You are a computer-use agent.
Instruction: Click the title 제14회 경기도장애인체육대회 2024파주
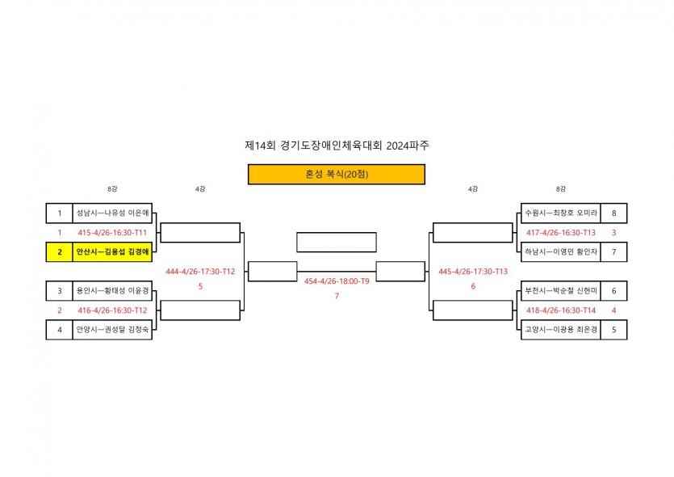[336, 146]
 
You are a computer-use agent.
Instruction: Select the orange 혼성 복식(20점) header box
[336, 174]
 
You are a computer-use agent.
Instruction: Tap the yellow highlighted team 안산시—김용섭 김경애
[112, 252]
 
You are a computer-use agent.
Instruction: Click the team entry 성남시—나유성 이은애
[112, 213]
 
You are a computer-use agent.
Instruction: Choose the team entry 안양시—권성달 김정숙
[112, 330]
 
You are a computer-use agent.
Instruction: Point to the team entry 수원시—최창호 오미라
[560, 213]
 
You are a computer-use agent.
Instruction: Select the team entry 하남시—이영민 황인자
[560, 252]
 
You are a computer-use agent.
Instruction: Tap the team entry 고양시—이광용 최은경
[560, 330]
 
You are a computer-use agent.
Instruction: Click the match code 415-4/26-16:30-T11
[112, 233]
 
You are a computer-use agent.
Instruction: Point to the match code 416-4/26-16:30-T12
[112, 310]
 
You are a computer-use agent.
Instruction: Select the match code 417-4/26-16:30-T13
[560, 233]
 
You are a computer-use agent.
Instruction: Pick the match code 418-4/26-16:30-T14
[560, 310]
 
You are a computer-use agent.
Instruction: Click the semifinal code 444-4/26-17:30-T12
[200, 272]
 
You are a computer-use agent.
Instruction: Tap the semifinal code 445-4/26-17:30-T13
[473, 272]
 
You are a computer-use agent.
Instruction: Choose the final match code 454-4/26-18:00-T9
[337, 281]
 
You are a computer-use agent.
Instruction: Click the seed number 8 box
[614, 213]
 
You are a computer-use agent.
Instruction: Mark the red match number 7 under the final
[337, 296]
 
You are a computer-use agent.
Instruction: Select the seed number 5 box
[614, 330]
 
